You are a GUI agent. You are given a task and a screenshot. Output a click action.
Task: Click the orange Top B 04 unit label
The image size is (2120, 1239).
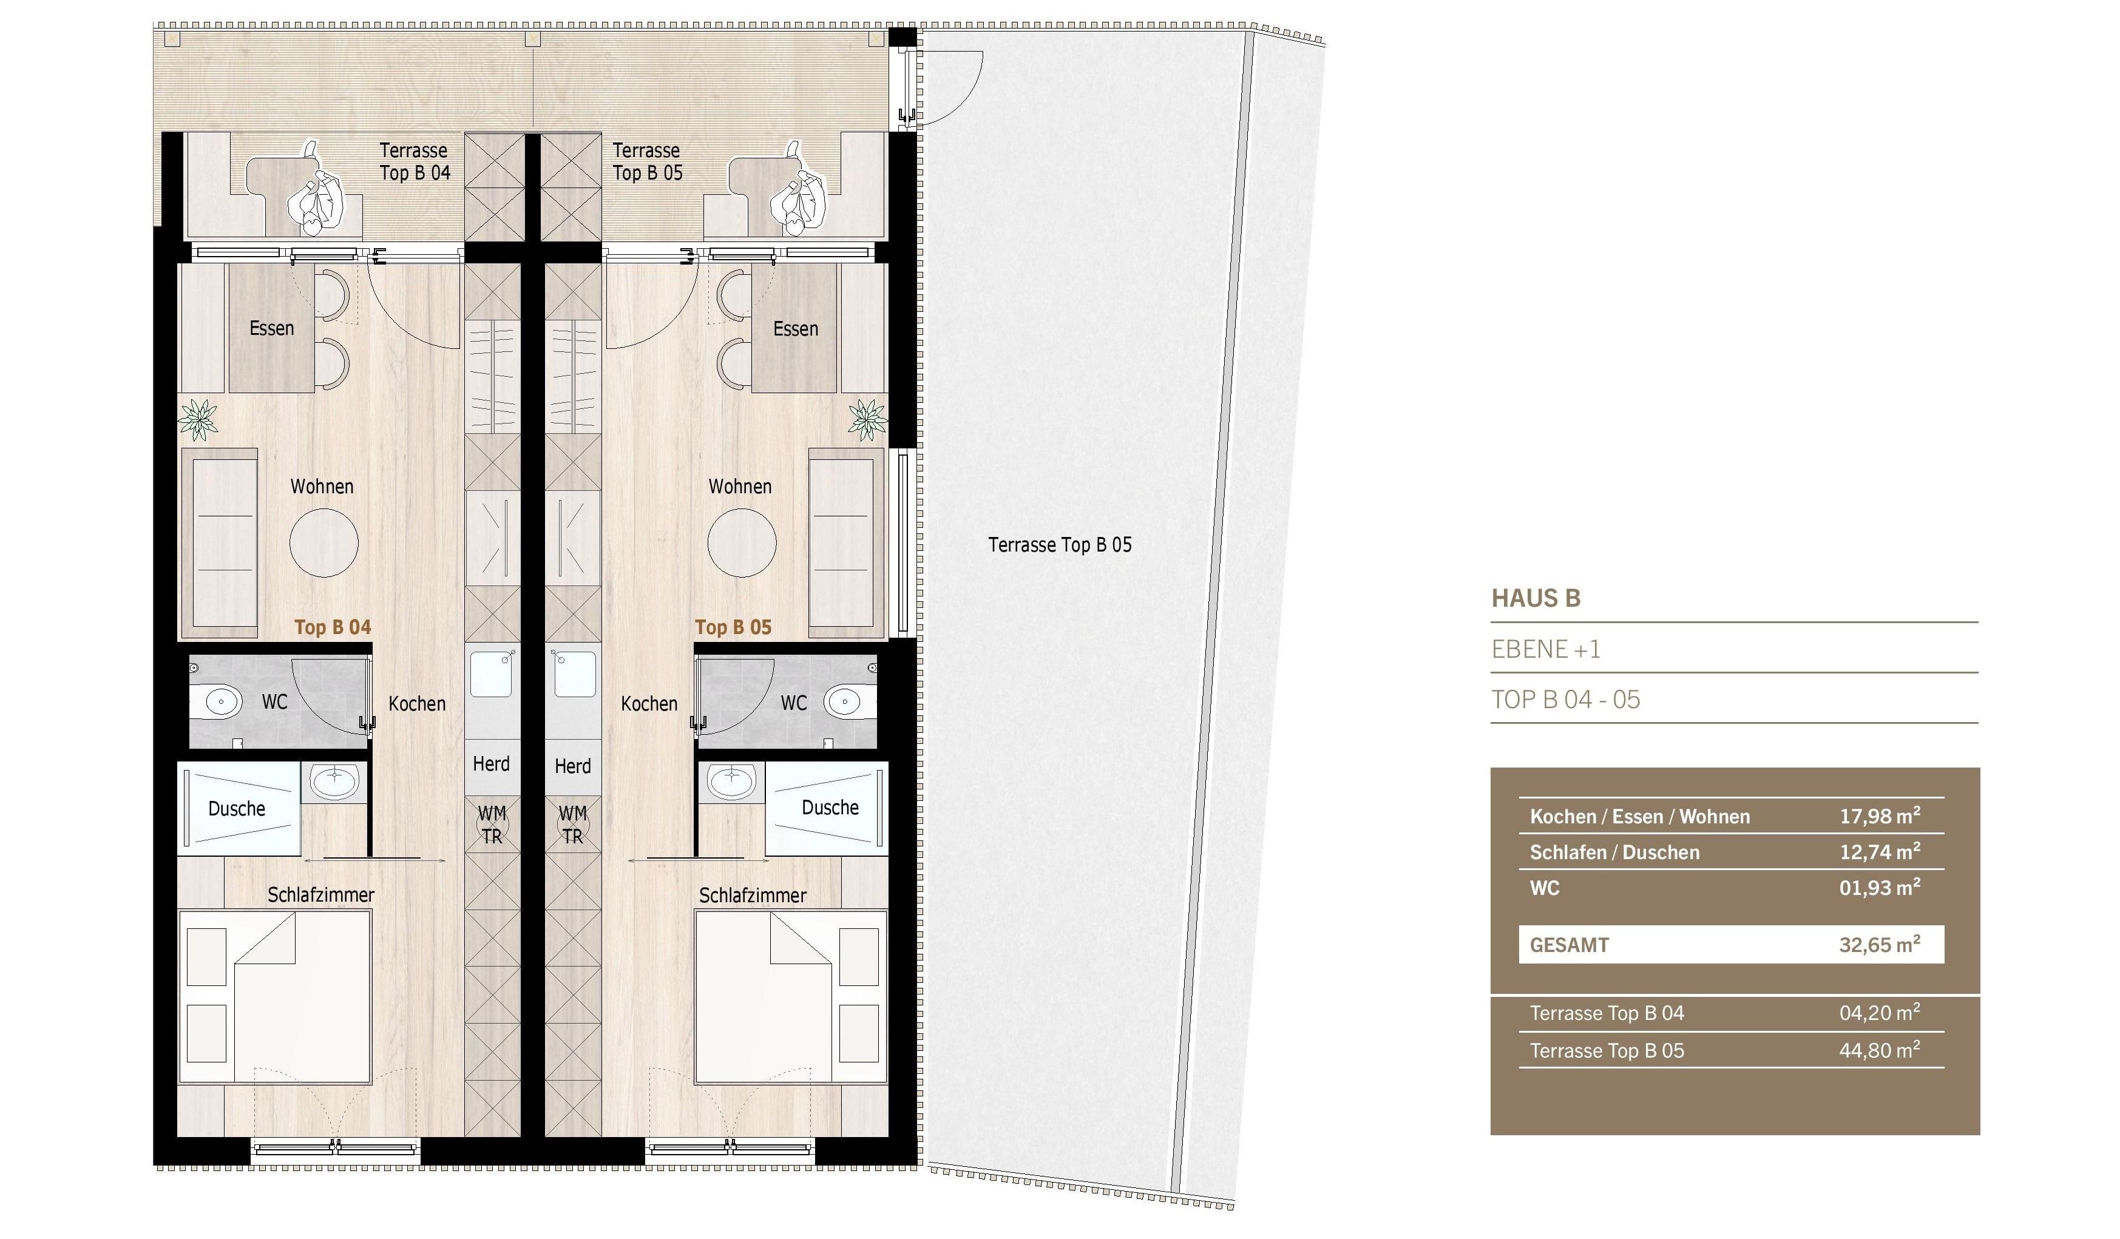pyautogui.click(x=333, y=627)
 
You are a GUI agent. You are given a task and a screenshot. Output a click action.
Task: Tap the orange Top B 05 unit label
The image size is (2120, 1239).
pyautogui.click(x=733, y=627)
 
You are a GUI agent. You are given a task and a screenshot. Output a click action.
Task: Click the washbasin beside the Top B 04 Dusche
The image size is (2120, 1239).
pyautogui.click(x=334, y=782)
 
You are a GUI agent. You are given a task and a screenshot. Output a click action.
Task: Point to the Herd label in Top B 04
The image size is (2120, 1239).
pyautogui.click(x=491, y=764)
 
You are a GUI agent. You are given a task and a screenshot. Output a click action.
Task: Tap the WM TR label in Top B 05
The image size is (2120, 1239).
pyautogui.click(x=573, y=825)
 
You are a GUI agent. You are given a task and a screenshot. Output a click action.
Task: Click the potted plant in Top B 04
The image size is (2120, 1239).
pyautogui.click(x=198, y=418)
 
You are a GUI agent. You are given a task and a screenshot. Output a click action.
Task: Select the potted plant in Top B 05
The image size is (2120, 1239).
pyautogui.click(x=867, y=418)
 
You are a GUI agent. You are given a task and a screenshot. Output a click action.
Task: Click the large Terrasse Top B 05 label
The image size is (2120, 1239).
pyautogui.click(x=1060, y=545)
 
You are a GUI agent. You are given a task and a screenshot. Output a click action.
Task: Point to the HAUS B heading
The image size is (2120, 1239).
pyautogui.click(x=1536, y=598)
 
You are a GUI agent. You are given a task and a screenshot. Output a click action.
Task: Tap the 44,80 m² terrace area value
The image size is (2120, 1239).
pyautogui.click(x=1880, y=1049)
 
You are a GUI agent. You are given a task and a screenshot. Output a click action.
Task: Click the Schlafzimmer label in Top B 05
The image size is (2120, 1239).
pyautogui.click(x=752, y=896)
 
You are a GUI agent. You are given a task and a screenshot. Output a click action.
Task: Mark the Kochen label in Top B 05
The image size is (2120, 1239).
pyautogui.click(x=649, y=703)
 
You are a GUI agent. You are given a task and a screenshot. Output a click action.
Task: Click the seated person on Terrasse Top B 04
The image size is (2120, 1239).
pyautogui.click(x=316, y=194)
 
